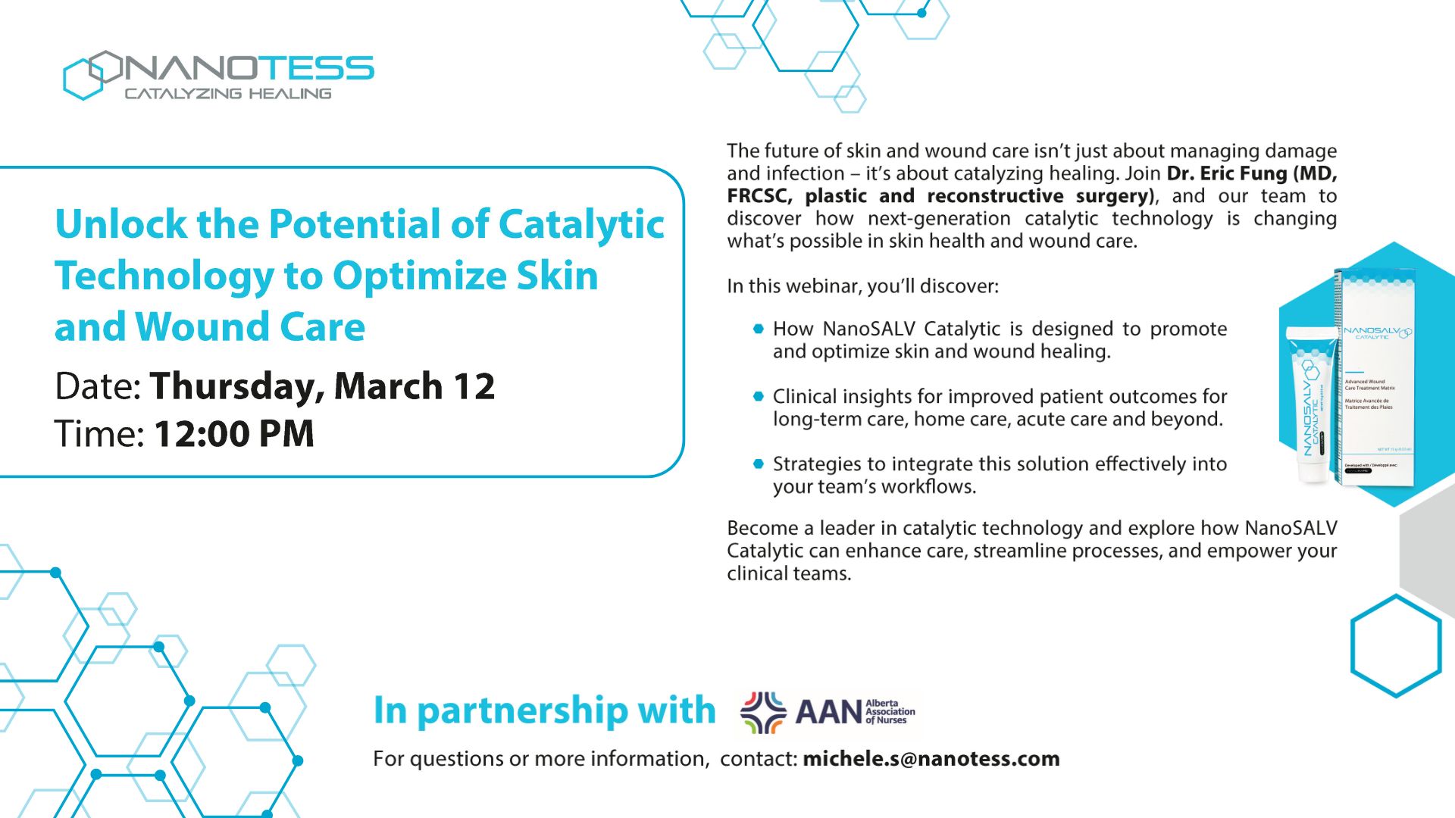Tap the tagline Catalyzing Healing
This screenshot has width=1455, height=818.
pyautogui.click(x=227, y=94)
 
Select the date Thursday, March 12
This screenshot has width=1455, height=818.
pyautogui.click(x=322, y=386)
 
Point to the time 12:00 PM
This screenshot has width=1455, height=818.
pyautogui.click(x=234, y=434)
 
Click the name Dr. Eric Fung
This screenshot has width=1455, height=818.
pyautogui.click(x=1226, y=173)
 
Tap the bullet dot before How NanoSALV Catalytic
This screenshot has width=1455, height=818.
pyautogui.click(x=759, y=329)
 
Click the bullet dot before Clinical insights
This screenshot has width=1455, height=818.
pyautogui.click(x=759, y=396)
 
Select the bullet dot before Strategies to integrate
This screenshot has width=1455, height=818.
pyautogui.click(x=759, y=464)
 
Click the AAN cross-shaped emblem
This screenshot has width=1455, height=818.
pyautogui.click(x=762, y=712)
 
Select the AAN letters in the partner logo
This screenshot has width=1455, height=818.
pyautogui.click(x=828, y=712)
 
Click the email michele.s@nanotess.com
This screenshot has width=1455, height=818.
pyautogui.click(x=931, y=758)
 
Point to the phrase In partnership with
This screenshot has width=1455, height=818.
pyautogui.click(x=544, y=710)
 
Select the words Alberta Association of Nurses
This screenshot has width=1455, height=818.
pyautogui.click(x=890, y=711)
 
